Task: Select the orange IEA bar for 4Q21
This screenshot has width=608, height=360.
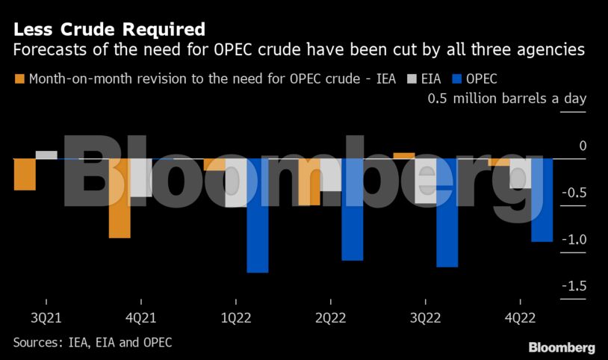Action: [x=120, y=198]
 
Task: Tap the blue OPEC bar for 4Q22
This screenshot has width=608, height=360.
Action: [x=542, y=199]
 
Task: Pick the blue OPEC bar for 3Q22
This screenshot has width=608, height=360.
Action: [x=447, y=212]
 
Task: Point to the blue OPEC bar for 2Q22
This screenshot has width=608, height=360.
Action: [x=352, y=209]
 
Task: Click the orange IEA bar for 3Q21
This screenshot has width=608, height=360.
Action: [x=25, y=174]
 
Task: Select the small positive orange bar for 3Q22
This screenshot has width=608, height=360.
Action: [x=404, y=155]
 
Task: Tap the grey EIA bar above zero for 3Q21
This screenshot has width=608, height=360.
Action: [x=46, y=155]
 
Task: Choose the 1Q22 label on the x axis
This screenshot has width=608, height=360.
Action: [x=235, y=317]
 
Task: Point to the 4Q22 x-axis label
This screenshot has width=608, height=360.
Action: [x=520, y=317]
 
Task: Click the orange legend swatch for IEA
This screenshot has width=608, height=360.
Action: [x=19, y=78]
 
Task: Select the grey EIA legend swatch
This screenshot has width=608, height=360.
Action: [x=411, y=78]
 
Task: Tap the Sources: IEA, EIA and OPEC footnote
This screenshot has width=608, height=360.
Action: [x=93, y=342]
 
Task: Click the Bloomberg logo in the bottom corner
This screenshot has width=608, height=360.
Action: [x=562, y=347]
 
